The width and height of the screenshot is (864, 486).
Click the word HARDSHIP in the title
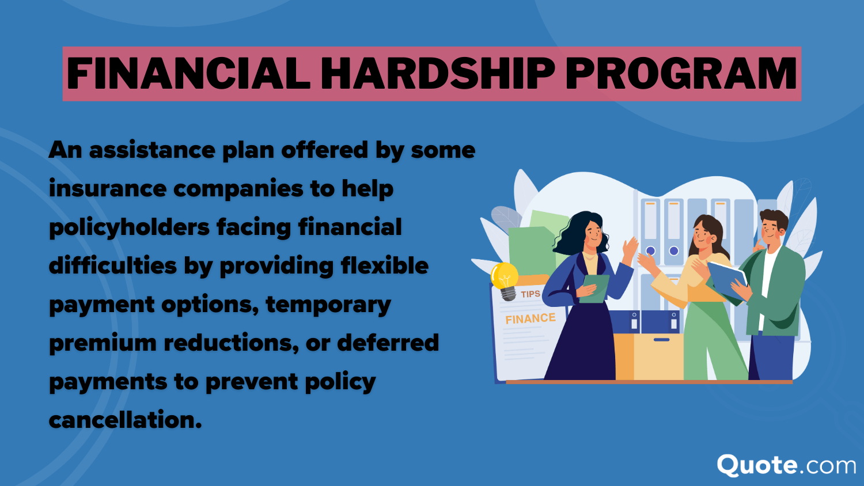coord(438,74)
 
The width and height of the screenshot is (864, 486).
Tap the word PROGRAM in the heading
coord(682,74)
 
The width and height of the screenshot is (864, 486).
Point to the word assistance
coord(152,150)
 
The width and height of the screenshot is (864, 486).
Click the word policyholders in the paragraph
coord(129,227)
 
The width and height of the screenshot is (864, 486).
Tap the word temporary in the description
coord(328,305)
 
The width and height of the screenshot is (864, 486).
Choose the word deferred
coord(388,343)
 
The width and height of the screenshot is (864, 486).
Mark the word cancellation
coord(125,420)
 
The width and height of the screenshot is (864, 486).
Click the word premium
coord(103,343)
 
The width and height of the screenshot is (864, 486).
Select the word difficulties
coord(112,266)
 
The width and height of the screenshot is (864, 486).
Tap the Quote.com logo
coord(786,465)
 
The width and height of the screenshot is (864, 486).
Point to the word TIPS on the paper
coord(530,294)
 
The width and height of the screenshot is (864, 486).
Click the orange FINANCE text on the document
coord(530,318)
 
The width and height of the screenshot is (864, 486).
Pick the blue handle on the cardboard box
coord(661,340)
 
